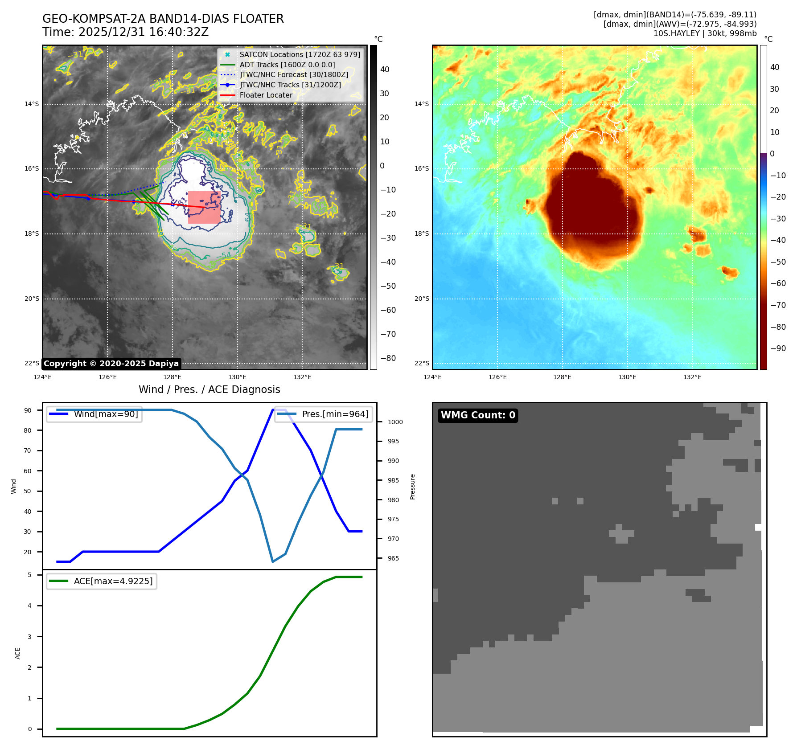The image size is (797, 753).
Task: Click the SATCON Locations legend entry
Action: pos(300,55)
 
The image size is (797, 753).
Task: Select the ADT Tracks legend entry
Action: pos(287,65)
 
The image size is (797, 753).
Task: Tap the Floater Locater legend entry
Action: pos(266,95)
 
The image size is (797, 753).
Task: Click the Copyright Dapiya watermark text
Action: pos(111,364)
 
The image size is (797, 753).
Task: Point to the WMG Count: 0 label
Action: pos(478,415)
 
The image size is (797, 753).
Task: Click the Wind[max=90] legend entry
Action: pos(106,414)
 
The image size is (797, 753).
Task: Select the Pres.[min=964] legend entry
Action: pos(335,414)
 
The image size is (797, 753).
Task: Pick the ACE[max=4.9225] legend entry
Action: pos(113,581)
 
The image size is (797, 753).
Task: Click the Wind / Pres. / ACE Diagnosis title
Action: pos(210,389)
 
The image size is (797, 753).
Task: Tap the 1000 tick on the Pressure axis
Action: pos(395,422)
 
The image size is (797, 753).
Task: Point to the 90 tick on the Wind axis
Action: pos(28,410)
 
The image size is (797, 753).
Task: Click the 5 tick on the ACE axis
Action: pos(30,575)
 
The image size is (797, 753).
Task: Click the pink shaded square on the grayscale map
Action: pos(204,207)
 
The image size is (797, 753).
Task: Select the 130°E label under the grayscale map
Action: pos(238,377)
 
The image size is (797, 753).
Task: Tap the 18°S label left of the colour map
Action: pos(422,234)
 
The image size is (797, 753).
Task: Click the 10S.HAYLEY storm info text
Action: pos(705,33)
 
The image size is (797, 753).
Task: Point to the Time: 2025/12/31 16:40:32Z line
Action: pos(125,32)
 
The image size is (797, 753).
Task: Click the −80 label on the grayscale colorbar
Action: pos(388,358)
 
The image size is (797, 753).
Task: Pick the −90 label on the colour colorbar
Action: pos(778,348)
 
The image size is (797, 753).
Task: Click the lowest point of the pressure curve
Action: pos(273,561)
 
